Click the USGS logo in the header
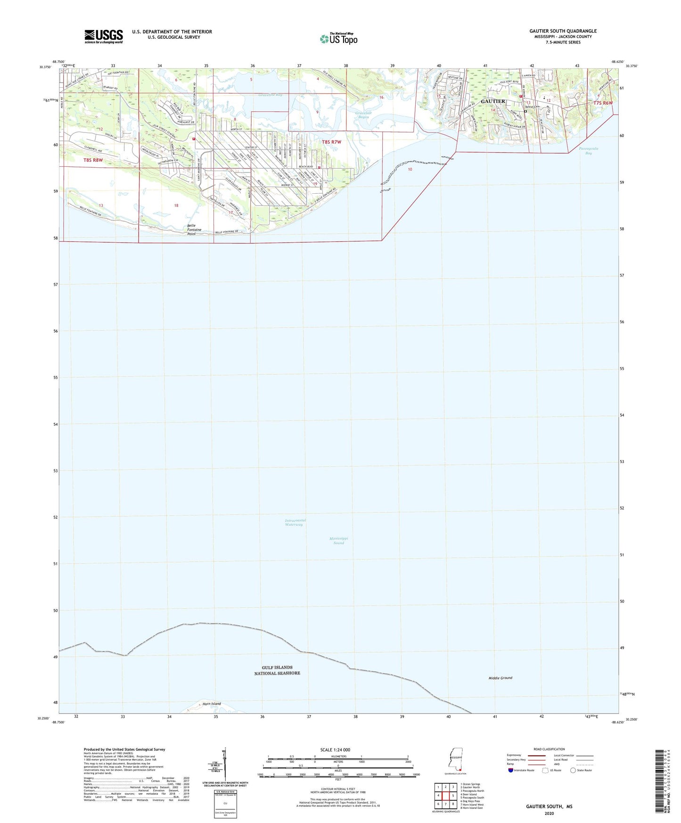pos(104,36)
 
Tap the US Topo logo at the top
pos(339,39)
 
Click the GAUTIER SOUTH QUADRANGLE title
pos(563,31)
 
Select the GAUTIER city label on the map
pos(493,101)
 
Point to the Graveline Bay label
pos(270,95)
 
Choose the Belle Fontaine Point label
pos(194,230)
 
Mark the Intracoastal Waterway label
pos(295,522)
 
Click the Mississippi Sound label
pos(338,540)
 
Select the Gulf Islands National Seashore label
pos(277,670)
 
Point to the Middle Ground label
pos(500,678)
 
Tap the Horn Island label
pos(212,704)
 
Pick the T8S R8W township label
pos(93,160)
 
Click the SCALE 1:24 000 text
pos(335,749)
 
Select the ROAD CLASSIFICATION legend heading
pos(549,749)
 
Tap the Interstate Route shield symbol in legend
pos(511,770)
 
